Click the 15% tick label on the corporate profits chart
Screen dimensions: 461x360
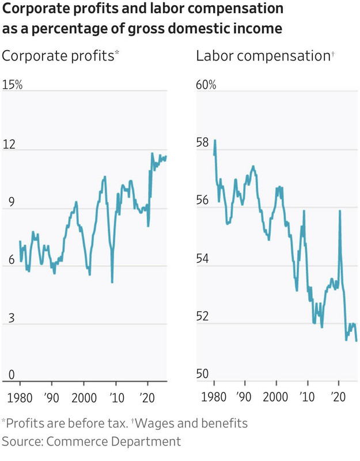coord(12,85)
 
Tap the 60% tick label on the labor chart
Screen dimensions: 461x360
coord(206,85)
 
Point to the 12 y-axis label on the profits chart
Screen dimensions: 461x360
coord(9,144)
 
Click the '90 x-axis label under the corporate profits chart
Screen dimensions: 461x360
coord(52,397)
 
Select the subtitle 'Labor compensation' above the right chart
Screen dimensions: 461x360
coord(262,56)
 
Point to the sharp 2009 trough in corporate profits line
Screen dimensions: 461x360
coord(112,282)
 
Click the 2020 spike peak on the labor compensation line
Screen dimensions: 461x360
coord(340,211)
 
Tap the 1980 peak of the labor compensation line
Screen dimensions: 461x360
coord(215,141)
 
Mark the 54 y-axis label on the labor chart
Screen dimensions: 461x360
coord(203,259)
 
